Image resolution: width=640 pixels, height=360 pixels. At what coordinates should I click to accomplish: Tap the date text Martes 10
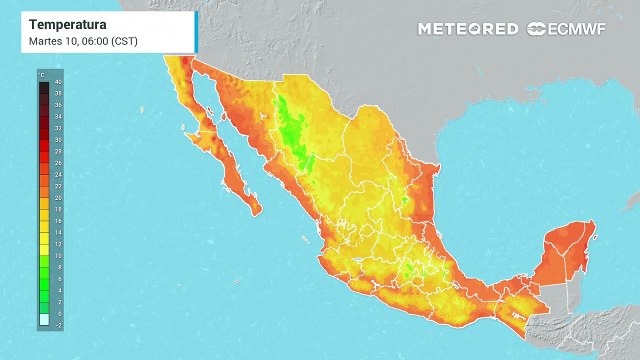click(52, 41)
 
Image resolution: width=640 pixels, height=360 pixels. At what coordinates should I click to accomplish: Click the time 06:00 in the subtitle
click(97, 41)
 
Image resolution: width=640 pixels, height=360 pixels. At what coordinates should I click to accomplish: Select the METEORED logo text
click(467, 29)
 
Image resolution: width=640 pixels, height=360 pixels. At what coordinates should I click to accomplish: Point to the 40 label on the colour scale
click(59, 81)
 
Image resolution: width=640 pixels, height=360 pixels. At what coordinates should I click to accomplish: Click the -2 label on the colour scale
click(59, 325)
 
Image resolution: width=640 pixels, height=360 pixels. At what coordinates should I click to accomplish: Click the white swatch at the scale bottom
click(44, 320)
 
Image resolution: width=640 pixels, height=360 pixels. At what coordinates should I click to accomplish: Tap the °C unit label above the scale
click(43, 73)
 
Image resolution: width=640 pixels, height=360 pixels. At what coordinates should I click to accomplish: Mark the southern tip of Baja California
click(257, 211)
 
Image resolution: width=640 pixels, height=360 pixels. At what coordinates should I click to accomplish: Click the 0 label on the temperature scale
click(59, 314)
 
